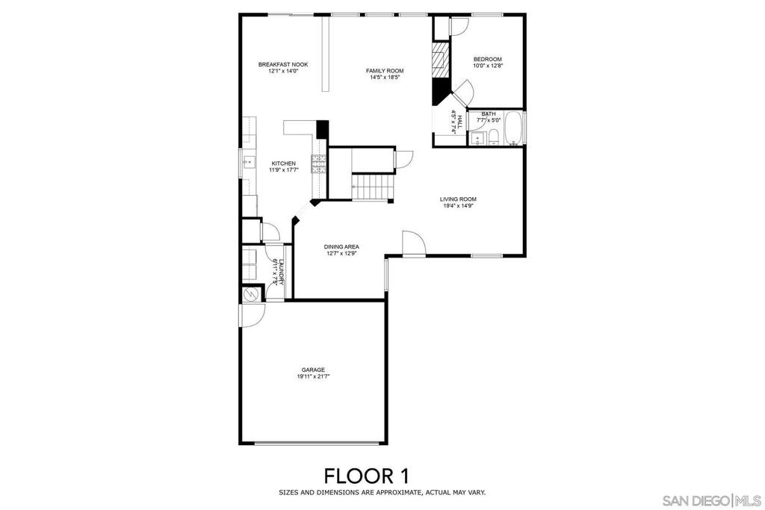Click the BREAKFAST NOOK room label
pyautogui.click(x=282, y=65)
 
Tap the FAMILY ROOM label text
pyautogui.click(x=385, y=71)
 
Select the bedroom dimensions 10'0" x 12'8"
pyautogui.click(x=487, y=66)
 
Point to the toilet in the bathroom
pyautogui.click(x=493, y=136)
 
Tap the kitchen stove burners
pyautogui.click(x=318, y=164)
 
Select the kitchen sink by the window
pyautogui.click(x=247, y=161)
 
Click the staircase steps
pyautogui.click(x=371, y=187)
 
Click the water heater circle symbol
pyautogui.click(x=250, y=295)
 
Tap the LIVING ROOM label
pyautogui.click(x=458, y=199)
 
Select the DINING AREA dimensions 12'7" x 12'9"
pyautogui.click(x=342, y=254)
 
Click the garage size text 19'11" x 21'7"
pyautogui.click(x=313, y=377)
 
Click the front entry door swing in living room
pyautogui.click(x=413, y=243)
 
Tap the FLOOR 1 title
pyautogui.click(x=366, y=475)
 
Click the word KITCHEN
pyautogui.click(x=283, y=164)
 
